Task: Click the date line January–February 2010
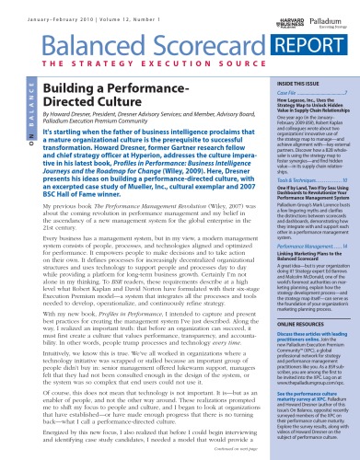83,13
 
